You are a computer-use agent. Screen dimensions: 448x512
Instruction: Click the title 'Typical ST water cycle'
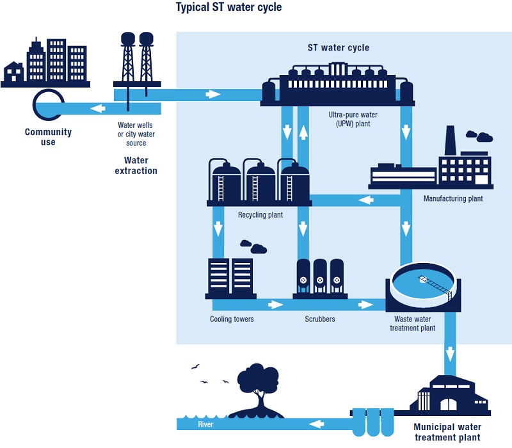pyautogui.click(x=228, y=8)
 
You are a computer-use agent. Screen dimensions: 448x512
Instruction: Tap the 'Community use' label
pyautogui.click(x=48, y=137)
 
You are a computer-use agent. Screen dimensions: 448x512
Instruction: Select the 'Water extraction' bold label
pyautogui.click(x=136, y=166)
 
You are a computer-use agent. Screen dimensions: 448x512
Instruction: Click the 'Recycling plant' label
pyautogui.click(x=260, y=215)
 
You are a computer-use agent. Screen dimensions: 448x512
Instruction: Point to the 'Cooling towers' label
pyautogui.click(x=232, y=319)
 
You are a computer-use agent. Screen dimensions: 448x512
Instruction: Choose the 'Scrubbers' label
pyautogui.click(x=320, y=319)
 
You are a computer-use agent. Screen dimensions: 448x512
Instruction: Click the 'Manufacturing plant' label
pyautogui.click(x=453, y=199)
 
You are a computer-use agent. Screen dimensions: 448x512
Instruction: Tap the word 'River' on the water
pyautogui.click(x=205, y=424)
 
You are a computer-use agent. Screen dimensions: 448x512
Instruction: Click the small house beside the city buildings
pyautogui.click(x=13, y=73)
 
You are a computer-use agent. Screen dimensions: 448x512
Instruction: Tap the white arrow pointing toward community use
pyautogui.click(x=99, y=109)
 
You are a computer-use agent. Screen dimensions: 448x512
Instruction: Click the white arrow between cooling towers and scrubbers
pyautogui.click(x=275, y=304)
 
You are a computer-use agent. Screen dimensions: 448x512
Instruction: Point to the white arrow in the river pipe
pyautogui.click(x=316, y=423)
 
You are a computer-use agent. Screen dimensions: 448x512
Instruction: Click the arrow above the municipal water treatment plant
pyautogui.click(x=450, y=353)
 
